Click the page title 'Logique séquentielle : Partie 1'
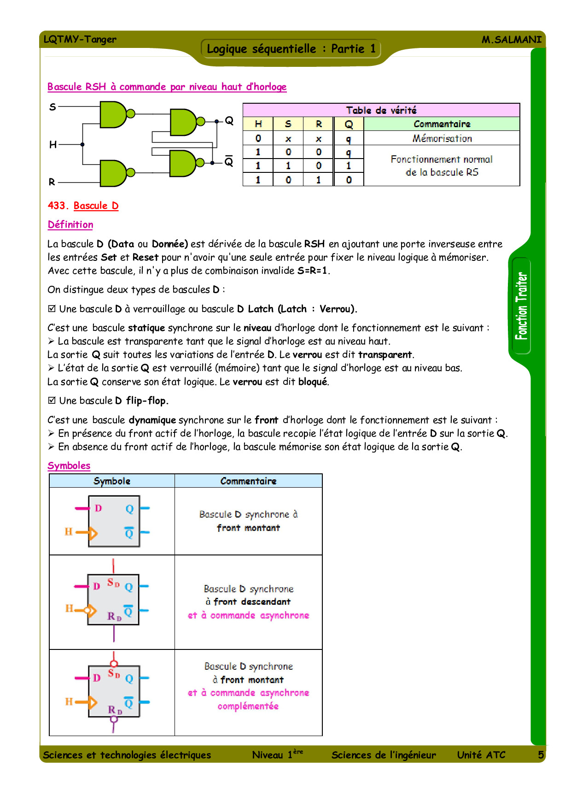click(291, 49)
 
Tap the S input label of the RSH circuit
click(52, 107)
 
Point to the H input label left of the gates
click(53, 145)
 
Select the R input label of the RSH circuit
click(52, 182)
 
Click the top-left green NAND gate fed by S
click(112, 114)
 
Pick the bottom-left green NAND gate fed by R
click(112, 173)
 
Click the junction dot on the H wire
click(82, 145)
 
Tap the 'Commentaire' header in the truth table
click(442, 124)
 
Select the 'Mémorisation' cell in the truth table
click(442, 138)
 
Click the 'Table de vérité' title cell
click(381, 110)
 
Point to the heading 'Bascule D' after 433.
click(96, 206)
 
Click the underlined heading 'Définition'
click(70, 224)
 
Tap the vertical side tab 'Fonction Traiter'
click(521, 306)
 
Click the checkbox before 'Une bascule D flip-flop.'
click(52, 400)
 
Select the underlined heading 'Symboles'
click(69, 466)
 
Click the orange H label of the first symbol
click(69, 531)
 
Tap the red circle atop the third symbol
click(114, 664)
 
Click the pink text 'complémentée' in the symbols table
click(248, 706)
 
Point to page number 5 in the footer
click(541, 755)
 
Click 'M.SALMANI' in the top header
click(511, 40)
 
